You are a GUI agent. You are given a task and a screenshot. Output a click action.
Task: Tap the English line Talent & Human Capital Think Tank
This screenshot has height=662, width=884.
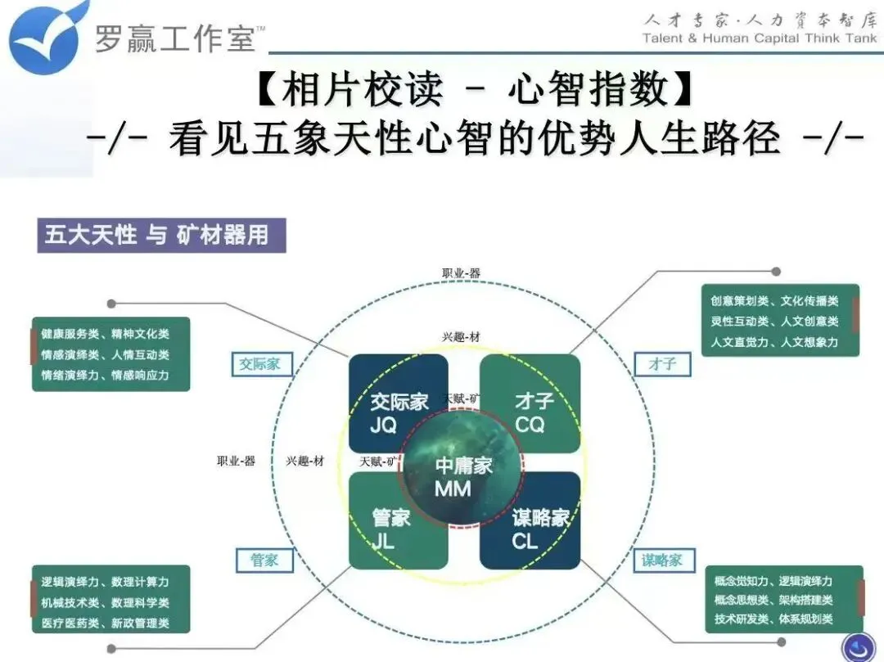tap(760, 38)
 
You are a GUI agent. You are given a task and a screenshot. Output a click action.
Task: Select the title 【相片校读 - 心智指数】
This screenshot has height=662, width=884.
tap(475, 89)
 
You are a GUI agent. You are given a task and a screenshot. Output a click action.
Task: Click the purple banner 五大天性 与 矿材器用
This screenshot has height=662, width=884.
tap(160, 236)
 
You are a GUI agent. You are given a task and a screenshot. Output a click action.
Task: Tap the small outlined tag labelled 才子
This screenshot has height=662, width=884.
tap(662, 363)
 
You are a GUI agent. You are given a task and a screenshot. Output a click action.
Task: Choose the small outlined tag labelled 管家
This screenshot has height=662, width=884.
tap(264, 561)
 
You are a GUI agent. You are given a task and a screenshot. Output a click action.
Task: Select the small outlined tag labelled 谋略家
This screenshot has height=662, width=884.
tap(662, 561)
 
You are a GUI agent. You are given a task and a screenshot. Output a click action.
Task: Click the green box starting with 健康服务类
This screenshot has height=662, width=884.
tap(111, 354)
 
